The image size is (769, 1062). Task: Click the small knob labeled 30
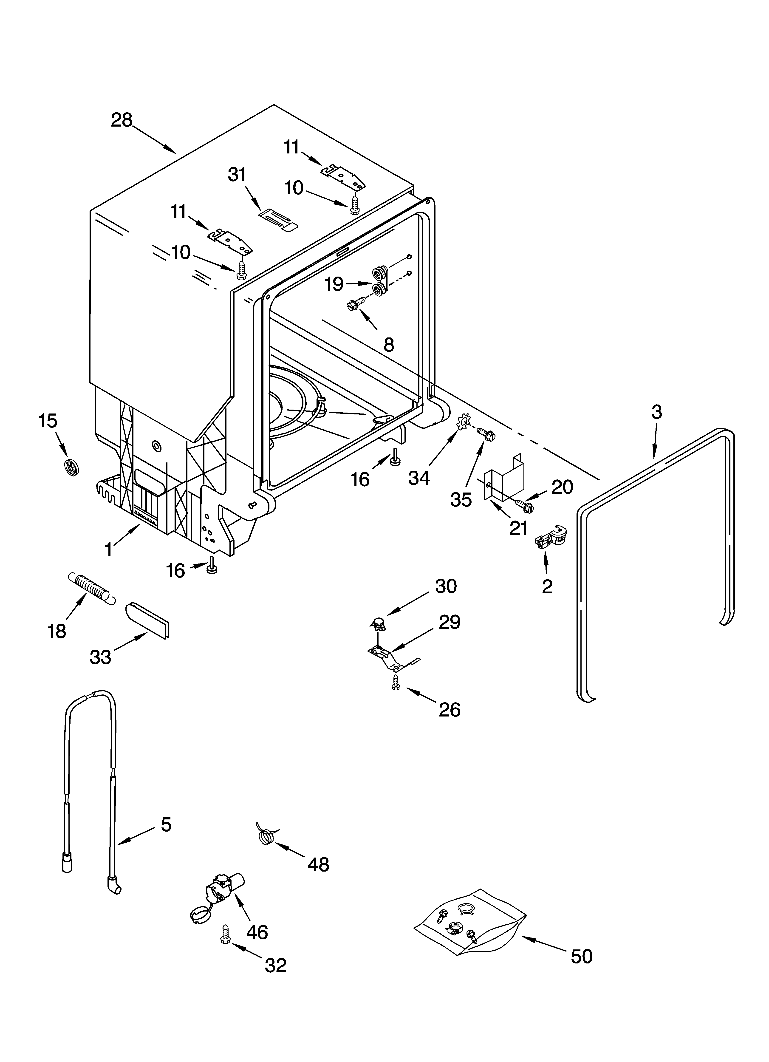pyautogui.click(x=379, y=623)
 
